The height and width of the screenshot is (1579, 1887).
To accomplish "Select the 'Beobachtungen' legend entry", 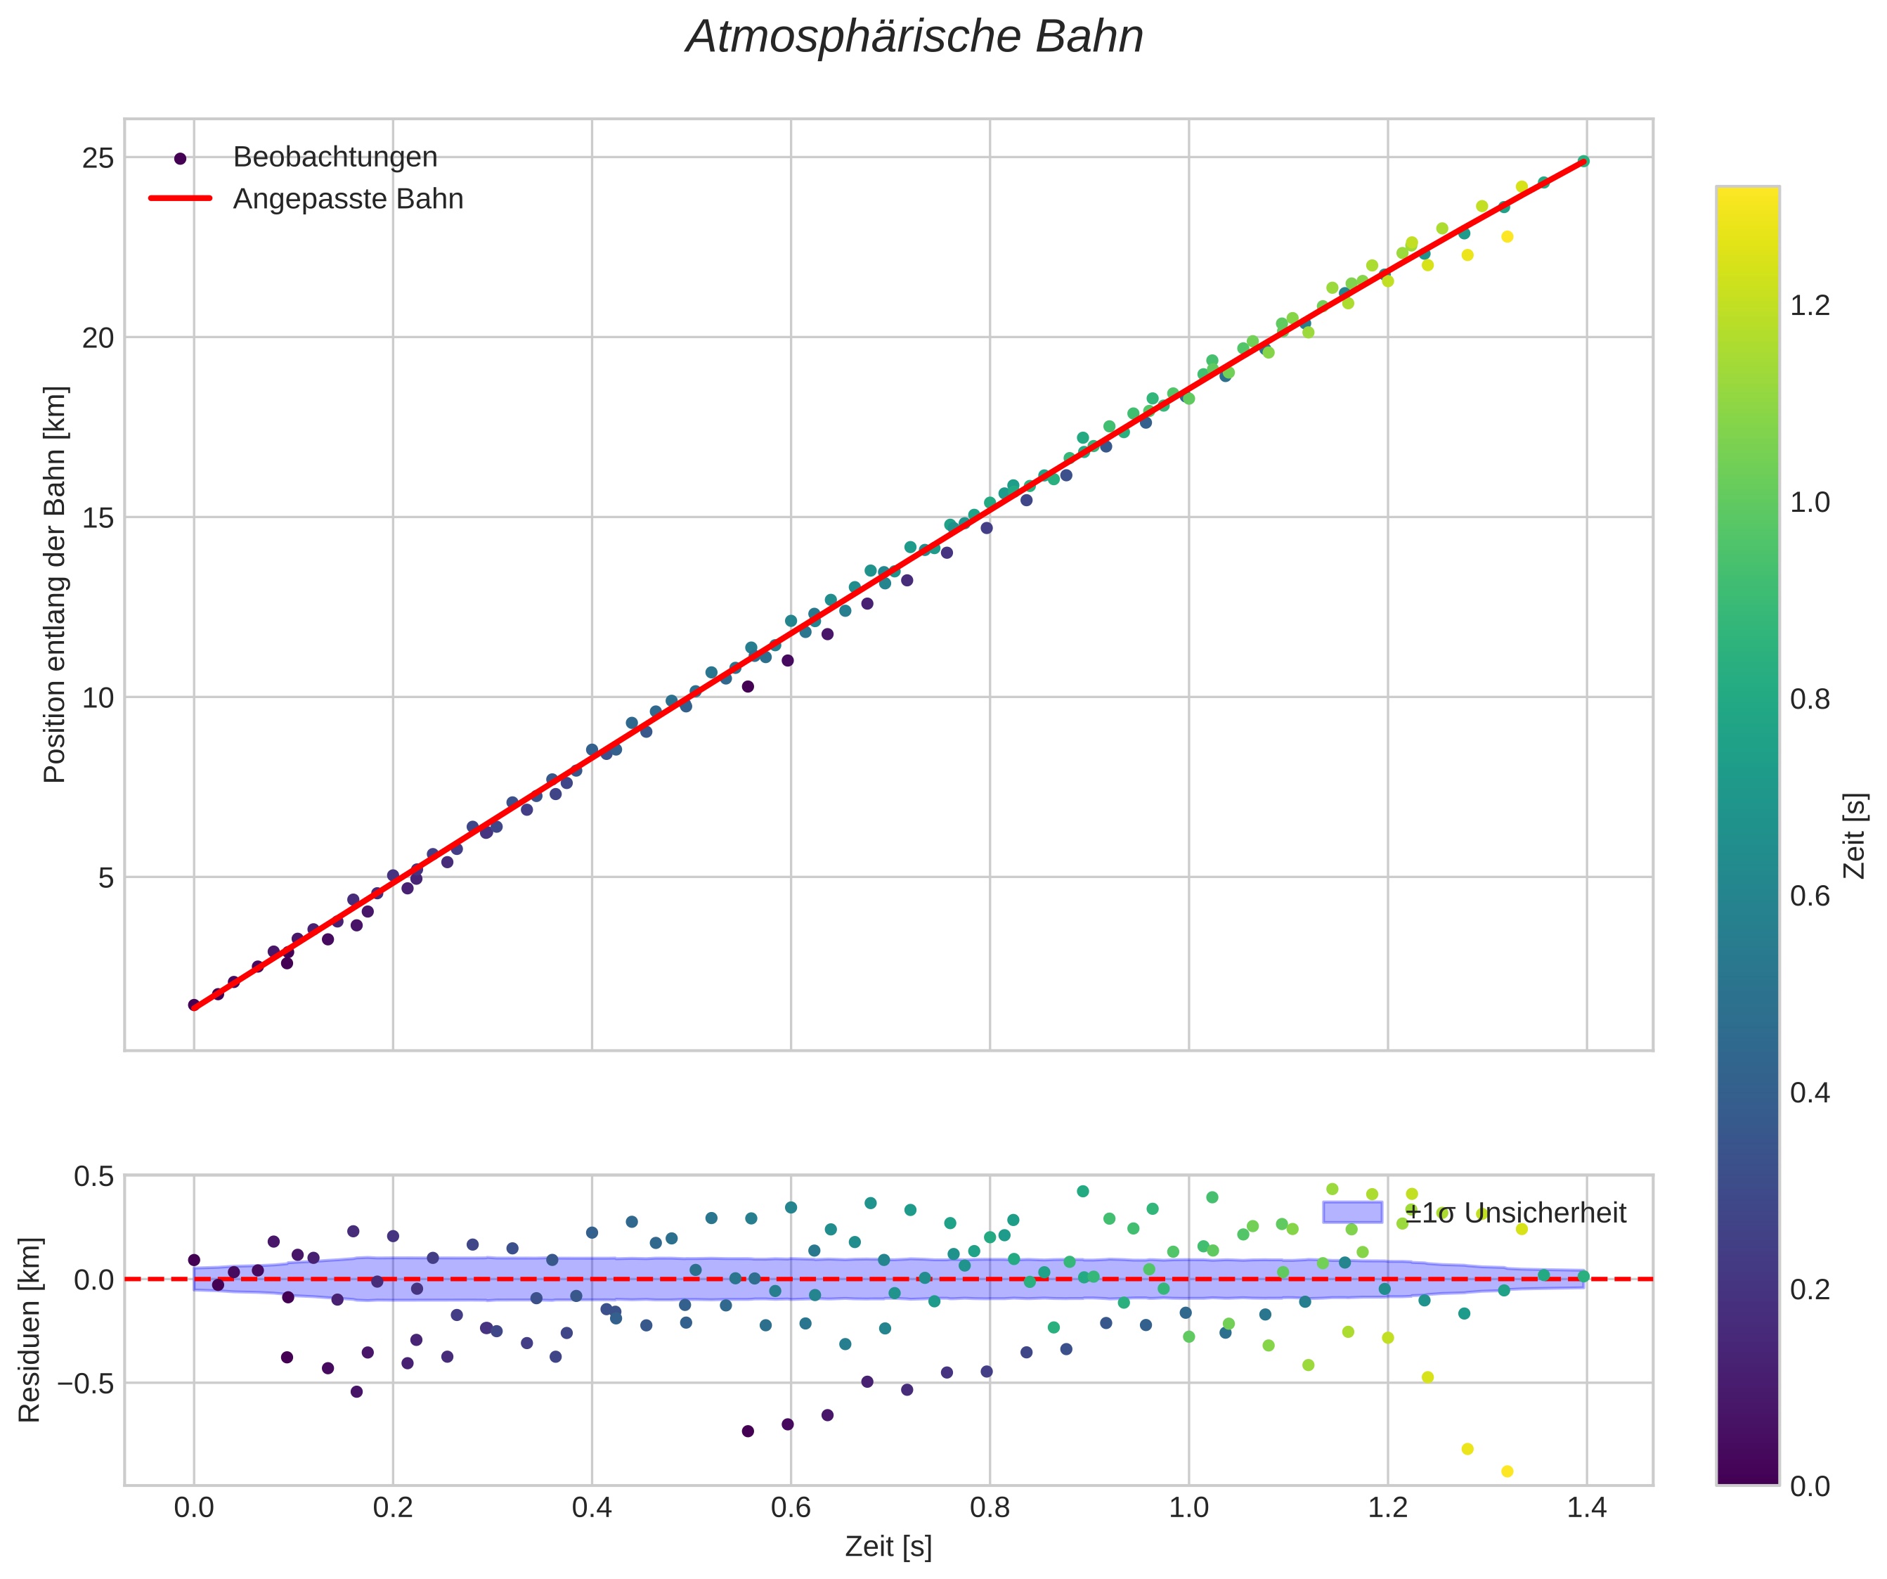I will pos(335,157).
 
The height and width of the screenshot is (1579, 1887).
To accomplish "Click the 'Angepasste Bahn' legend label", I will pos(348,199).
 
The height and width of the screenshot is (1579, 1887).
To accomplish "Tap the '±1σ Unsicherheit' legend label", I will pos(1515,1213).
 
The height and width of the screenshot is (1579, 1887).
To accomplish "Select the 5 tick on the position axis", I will pos(106,877).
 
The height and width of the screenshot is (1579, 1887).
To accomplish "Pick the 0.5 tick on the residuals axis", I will pos(93,1176).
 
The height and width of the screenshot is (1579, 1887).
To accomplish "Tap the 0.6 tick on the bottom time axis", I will pos(791,1507).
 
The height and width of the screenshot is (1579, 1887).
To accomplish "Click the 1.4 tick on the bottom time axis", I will pos(1587,1507).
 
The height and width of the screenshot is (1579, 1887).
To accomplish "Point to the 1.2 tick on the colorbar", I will pos(1810,307).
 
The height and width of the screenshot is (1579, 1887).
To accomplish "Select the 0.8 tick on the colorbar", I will pos(1810,700).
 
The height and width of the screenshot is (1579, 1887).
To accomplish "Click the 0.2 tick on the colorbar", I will pos(1810,1289).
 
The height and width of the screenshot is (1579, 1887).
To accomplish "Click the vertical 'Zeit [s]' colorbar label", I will pos(1855,835).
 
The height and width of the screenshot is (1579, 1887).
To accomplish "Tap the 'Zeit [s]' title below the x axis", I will pos(888,1547).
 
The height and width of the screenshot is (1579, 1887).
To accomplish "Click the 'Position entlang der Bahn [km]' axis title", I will pos(55,584).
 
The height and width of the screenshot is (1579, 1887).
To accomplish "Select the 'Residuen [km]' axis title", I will pos(30,1330).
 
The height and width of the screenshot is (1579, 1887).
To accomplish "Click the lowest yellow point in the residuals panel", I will pos(1507,1471).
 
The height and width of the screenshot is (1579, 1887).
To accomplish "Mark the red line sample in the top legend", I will pos(180,199).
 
